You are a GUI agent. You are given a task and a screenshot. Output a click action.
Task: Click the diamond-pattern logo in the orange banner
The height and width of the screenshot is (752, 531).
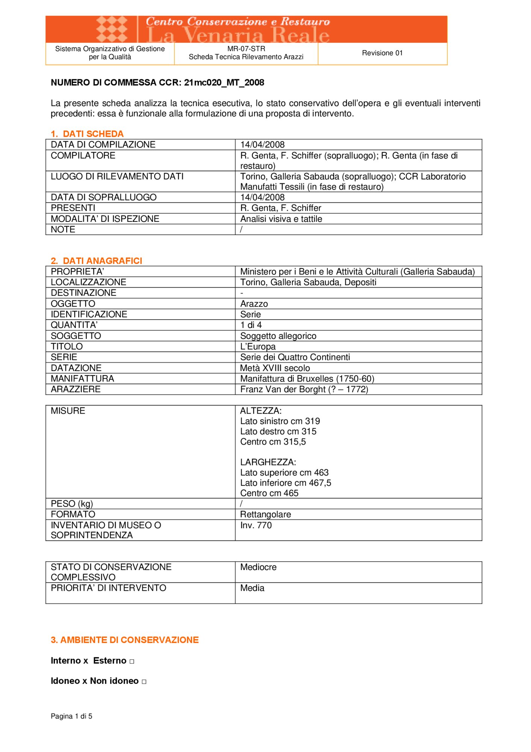point(112,29)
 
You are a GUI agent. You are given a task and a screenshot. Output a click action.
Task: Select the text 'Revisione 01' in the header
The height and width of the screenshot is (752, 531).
point(382,53)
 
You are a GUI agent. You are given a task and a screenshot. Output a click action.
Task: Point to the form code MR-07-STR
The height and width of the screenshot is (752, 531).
point(246,49)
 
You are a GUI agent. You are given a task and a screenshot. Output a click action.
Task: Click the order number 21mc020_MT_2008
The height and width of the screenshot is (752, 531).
point(224,83)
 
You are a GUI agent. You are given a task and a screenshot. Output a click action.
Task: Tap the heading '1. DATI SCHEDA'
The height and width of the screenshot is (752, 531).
point(87,134)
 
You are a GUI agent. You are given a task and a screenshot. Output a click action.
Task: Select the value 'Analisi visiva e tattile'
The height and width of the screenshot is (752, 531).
point(281,219)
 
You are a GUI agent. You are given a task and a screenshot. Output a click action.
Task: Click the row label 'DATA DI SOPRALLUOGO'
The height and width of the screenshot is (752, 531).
point(104,197)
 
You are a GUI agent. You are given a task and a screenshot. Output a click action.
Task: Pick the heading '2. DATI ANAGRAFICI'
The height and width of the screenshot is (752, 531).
point(97,261)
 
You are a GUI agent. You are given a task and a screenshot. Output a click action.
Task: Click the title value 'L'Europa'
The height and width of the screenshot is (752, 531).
point(258,346)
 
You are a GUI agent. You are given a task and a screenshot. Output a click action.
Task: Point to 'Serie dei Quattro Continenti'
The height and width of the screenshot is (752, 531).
point(295,357)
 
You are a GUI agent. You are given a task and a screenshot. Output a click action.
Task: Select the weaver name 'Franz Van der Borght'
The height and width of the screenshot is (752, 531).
point(283,389)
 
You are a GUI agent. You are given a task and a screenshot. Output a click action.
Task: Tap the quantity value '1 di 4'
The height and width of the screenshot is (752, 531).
point(251,325)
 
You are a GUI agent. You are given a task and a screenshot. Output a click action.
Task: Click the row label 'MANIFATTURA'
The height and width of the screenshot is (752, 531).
point(83,379)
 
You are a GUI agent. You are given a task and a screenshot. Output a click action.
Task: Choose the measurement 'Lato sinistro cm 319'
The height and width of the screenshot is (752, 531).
point(280,421)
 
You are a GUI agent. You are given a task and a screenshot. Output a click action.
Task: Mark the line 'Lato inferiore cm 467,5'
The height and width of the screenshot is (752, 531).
point(286,483)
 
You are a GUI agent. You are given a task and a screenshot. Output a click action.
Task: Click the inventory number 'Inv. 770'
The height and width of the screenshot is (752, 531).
point(256,525)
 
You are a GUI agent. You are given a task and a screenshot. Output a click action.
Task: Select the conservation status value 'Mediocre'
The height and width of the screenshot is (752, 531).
point(258,567)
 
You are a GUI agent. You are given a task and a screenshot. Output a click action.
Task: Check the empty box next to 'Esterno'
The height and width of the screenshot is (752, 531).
point(132,661)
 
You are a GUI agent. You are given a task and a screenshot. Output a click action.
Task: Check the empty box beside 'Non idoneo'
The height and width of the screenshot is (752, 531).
point(144,682)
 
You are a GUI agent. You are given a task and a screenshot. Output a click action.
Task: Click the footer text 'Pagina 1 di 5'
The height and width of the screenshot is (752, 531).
point(71,716)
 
